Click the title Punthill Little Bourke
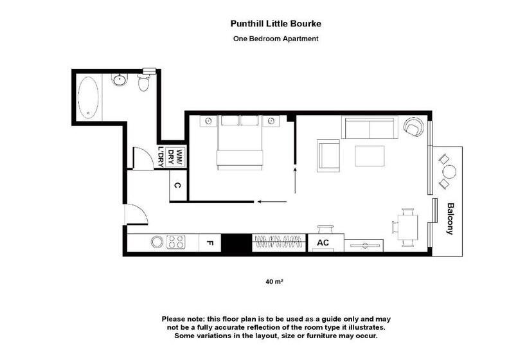(276, 24)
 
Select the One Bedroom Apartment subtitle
(276, 39)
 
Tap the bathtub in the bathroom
(88, 98)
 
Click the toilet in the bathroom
(144, 82)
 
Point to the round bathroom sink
(119, 80)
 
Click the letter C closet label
(177, 186)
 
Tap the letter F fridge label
(210, 243)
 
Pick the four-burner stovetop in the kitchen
(176, 243)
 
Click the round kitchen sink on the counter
(156, 243)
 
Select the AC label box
(323, 243)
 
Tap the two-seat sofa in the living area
(369, 128)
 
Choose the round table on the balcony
(449, 172)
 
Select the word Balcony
(451, 219)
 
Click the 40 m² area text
(274, 282)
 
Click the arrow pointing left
(270, 202)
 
